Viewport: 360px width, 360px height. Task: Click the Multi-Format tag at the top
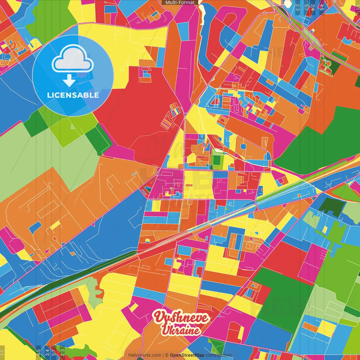click(180, 3)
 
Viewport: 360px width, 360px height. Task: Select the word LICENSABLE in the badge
click(73, 95)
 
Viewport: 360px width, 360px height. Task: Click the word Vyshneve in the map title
click(181, 318)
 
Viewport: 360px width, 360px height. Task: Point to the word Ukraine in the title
click(181, 330)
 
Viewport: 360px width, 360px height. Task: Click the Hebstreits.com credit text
click(145, 355)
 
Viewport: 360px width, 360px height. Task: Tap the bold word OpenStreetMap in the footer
click(187, 355)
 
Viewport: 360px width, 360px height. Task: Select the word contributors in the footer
click(219, 355)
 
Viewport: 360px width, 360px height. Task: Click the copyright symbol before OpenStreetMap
click(167, 355)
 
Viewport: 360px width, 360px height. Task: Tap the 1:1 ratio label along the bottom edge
click(2, 352)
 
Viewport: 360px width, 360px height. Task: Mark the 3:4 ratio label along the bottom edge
click(47, 352)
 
